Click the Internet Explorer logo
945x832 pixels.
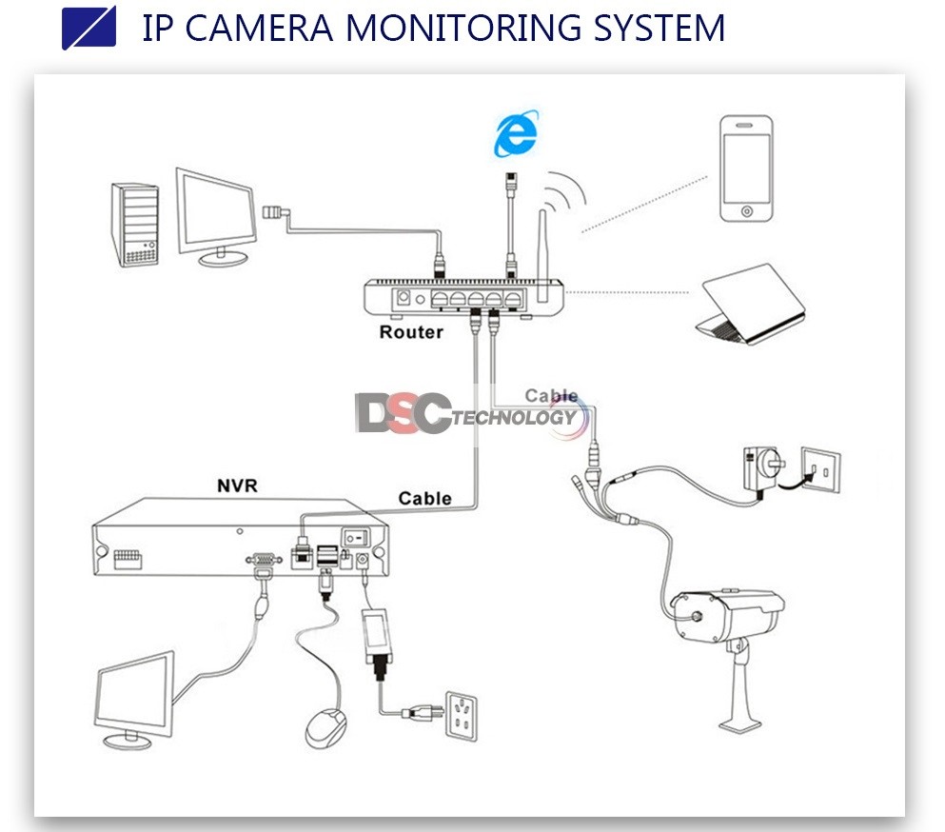point(516,133)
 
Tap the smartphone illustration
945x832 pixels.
point(745,169)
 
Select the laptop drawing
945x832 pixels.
point(750,305)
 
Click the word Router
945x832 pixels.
point(411,332)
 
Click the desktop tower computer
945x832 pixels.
point(134,223)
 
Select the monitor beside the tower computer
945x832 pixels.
point(216,213)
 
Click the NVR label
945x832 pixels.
point(237,486)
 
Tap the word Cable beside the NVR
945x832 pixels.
point(424,498)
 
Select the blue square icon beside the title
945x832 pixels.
point(89,28)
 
